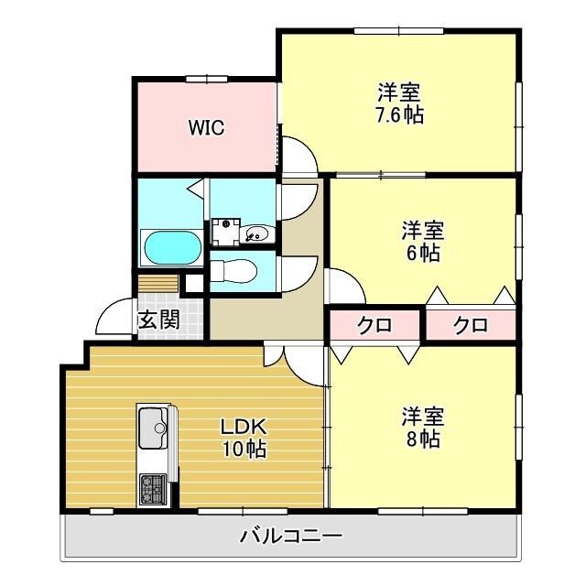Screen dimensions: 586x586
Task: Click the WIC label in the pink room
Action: coord(206,127)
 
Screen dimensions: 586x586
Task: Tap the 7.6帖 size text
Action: coord(399,116)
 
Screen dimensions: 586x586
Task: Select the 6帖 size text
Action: coord(423,254)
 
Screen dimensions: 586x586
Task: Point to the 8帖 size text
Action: coord(423,439)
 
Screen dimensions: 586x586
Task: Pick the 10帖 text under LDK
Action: coord(243,450)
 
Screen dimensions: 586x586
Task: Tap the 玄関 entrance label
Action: coord(158,320)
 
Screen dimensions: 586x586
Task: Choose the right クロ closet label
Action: coord(471,324)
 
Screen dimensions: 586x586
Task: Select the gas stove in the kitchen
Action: coord(152,489)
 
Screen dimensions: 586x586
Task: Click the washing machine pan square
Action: coord(223,230)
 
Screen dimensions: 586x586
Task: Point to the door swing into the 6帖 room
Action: coord(344,288)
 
